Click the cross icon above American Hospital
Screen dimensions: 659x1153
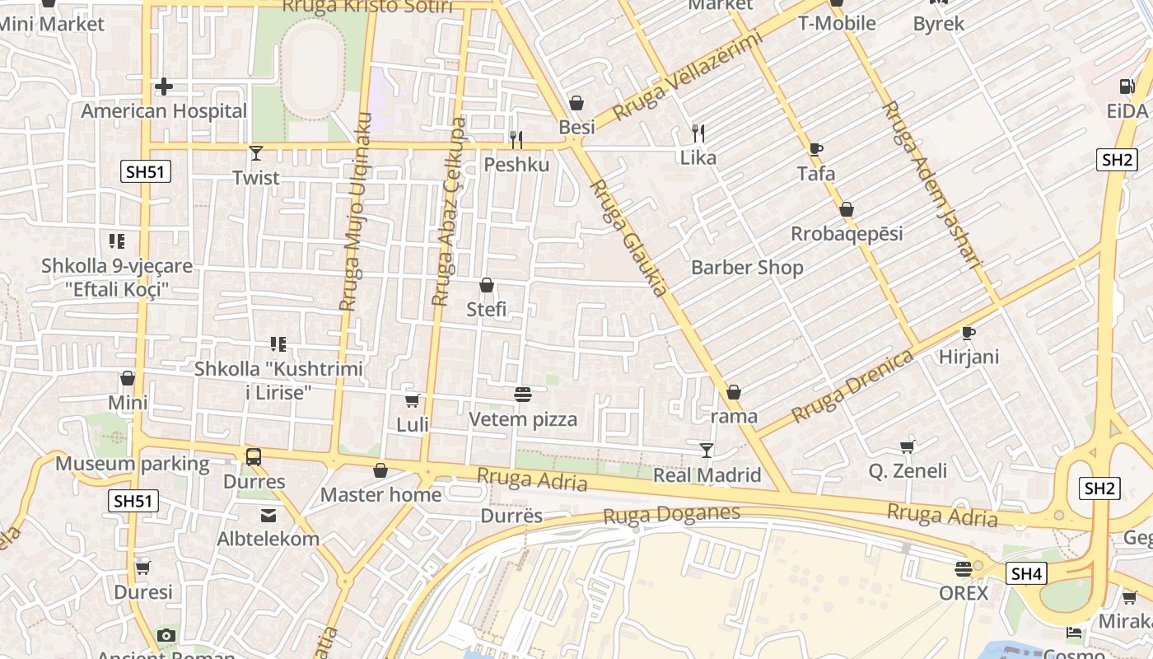click(164, 86)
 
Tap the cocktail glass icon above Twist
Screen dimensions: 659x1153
click(256, 152)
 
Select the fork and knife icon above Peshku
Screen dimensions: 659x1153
click(516, 139)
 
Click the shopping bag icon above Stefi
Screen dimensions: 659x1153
click(487, 285)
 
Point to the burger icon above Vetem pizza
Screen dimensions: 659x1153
click(522, 395)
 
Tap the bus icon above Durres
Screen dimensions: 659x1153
click(254, 456)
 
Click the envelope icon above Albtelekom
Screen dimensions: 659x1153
click(268, 516)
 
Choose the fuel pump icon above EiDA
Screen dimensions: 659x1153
click(1127, 86)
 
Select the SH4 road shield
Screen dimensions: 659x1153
click(1026, 573)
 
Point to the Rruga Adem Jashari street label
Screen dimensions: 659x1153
click(932, 185)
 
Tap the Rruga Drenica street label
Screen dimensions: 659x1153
click(852, 386)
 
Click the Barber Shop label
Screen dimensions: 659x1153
click(747, 268)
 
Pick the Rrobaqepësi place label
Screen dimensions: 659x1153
click(847, 234)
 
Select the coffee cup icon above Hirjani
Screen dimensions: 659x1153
click(969, 333)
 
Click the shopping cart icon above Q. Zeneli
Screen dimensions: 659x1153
click(908, 446)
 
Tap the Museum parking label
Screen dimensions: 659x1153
click(132, 464)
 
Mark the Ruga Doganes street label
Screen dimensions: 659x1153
click(671, 515)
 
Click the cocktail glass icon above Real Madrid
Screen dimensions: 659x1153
click(707, 450)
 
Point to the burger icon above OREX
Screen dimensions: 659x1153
click(964, 568)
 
